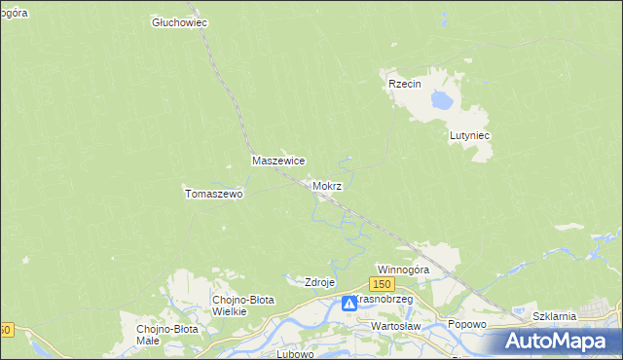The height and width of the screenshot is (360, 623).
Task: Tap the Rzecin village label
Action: (404, 85)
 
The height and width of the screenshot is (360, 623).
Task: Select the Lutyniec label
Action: (468, 136)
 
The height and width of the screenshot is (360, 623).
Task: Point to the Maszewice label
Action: (279, 161)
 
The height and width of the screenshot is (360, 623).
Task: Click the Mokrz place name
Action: (327, 185)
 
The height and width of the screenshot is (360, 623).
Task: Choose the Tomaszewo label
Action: (213, 194)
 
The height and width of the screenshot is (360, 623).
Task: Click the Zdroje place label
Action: (320, 282)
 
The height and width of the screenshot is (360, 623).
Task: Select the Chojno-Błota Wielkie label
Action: (242, 306)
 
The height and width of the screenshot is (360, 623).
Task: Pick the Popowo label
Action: (466, 324)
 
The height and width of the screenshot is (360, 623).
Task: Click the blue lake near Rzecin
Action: (442, 99)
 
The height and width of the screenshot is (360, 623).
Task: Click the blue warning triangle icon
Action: (348, 304)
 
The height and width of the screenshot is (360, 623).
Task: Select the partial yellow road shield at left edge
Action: (5, 330)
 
